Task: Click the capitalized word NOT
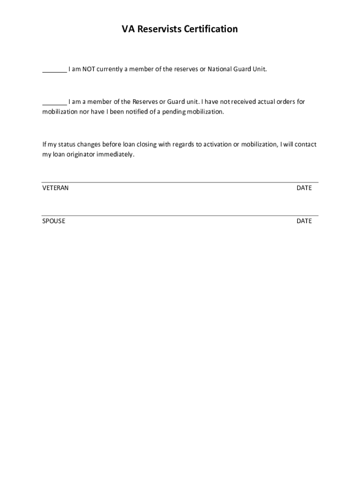point(89,69)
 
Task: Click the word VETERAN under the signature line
point(56,188)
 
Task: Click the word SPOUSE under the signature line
point(54,221)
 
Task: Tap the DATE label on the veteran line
point(304,188)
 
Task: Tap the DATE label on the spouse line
point(304,221)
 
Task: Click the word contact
point(306,145)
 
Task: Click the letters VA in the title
point(127,29)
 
